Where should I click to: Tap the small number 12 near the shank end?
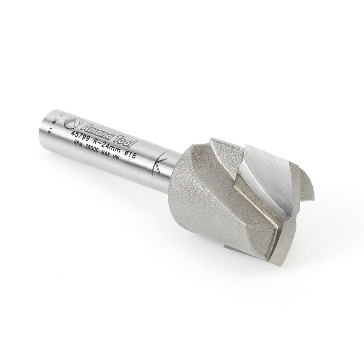49,130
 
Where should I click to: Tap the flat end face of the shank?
51,121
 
